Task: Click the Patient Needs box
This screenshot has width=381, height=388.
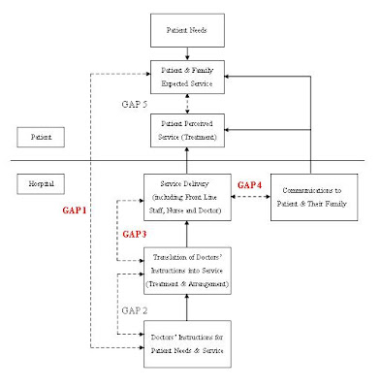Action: [189, 30]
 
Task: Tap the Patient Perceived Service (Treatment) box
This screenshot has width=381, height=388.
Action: [189, 130]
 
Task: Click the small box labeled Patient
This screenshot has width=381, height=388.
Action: [41, 139]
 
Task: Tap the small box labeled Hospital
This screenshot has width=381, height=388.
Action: [43, 182]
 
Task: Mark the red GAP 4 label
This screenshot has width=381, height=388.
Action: [250, 184]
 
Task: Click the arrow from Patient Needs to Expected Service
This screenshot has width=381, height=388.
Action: [190, 54]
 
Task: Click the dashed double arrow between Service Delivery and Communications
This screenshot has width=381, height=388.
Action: [252, 197]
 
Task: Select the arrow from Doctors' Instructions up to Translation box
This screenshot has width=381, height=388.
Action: [190, 307]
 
